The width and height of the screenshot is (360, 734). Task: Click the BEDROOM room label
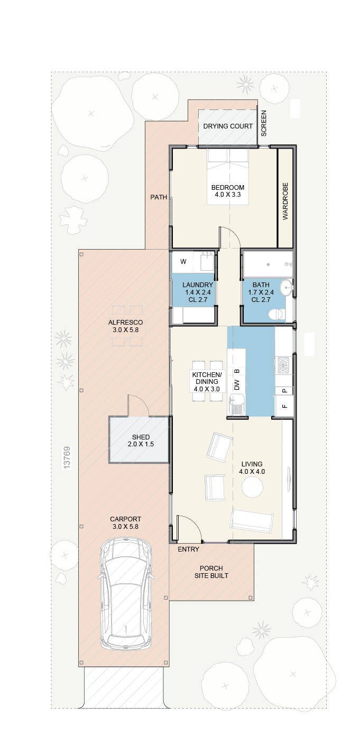point(228,187)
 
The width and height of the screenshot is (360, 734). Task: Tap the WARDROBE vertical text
point(285,201)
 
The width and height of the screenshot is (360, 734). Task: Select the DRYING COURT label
point(228,126)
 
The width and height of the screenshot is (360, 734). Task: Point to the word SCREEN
point(264,123)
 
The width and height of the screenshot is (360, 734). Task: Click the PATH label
point(159,197)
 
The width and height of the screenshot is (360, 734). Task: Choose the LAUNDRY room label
point(198,285)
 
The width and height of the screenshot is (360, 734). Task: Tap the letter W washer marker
point(183,261)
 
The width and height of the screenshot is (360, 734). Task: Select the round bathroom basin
point(288,287)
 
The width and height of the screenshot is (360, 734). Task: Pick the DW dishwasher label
point(237,384)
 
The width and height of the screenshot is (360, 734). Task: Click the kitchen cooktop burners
point(283,365)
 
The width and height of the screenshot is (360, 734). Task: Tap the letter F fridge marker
point(285,406)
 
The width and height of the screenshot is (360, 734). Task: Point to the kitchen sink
point(236,405)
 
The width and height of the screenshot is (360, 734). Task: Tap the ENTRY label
point(188,549)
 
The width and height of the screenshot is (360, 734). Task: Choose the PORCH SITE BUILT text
point(211,572)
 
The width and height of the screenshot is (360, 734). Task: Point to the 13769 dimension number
point(67,458)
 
